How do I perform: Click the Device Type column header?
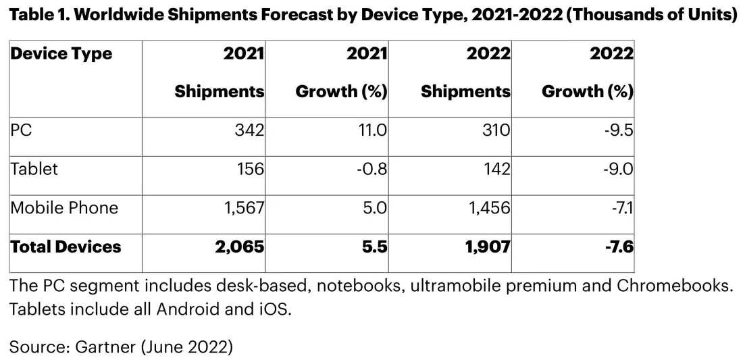(x=61, y=54)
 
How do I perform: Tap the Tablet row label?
(x=34, y=169)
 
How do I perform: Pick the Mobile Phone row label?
(x=64, y=208)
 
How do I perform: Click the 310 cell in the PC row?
(x=494, y=130)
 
